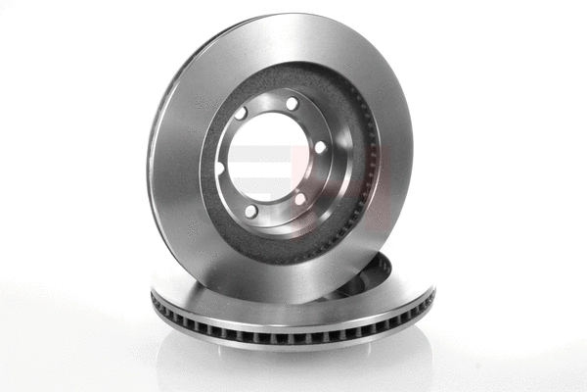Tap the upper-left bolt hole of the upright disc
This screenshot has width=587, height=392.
tap(241, 114)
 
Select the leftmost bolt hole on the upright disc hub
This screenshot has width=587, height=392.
tap(219, 168)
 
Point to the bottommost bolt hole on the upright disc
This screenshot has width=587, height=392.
tap(251, 211)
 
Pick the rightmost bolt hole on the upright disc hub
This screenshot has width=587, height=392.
tap(320, 147)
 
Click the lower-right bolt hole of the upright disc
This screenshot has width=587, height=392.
tap(300, 199)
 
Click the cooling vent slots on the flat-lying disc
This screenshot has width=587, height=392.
tap(293, 333)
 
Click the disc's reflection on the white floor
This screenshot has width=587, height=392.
tap(293, 367)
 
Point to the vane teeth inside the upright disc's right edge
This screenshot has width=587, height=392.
tap(371, 176)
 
